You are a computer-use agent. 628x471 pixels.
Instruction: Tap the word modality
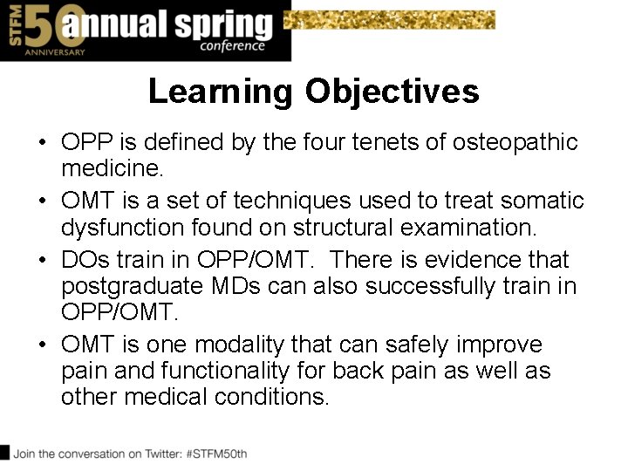point(256,345)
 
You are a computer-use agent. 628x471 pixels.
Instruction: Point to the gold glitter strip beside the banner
point(392,19)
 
